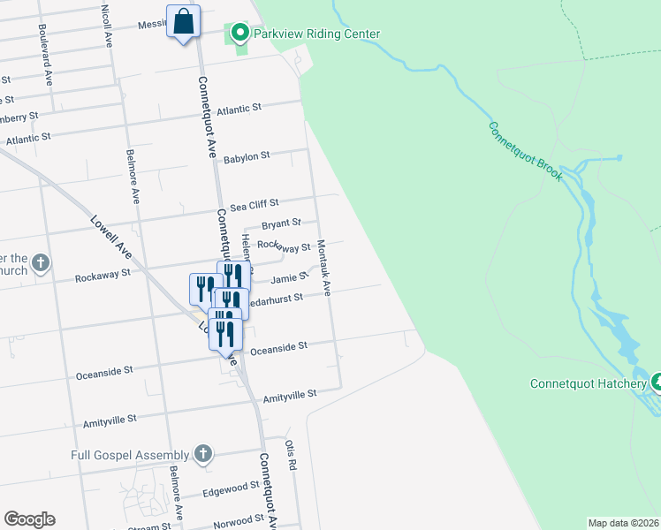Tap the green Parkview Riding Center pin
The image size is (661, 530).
coord(239,34)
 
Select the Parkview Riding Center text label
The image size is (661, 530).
coord(316,34)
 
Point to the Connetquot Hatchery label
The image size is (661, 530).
coord(588,383)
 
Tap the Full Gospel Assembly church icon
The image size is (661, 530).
coord(203,455)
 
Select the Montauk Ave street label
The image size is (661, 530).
coord(323,268)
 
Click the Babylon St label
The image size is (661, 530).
coord(246,157)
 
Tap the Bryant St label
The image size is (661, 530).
coord(281,224)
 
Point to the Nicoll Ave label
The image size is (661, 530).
coord(106,25)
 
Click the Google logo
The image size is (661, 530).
coord(29,519)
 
